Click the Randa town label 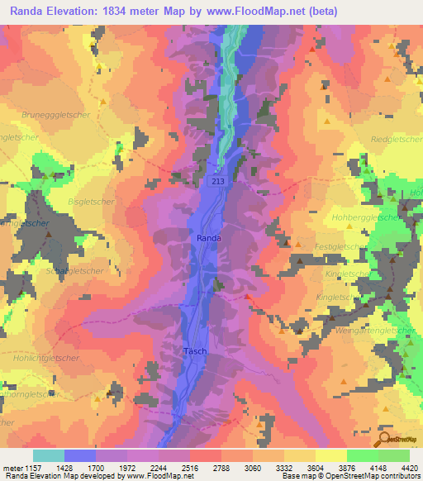click(x=208, y=238)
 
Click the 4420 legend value click(x=407, y=467)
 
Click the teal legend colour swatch click(x=49, y=455)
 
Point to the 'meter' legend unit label click(x=13, y=467)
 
